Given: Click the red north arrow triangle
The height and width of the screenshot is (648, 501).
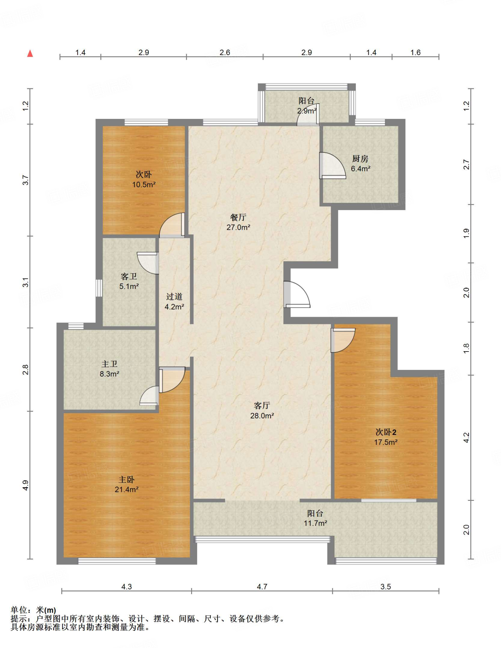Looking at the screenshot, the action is [30, 53].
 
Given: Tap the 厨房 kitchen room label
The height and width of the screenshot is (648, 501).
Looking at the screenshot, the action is [360, 159].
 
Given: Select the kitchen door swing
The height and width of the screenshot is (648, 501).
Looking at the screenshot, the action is [332, 165].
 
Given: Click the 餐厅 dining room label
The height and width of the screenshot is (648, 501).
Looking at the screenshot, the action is [238, 217].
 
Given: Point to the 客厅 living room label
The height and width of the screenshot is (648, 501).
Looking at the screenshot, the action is [262, 406].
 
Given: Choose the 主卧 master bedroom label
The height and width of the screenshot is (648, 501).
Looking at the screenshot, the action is [126, 480].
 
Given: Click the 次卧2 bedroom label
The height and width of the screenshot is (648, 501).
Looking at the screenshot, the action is [386, 432].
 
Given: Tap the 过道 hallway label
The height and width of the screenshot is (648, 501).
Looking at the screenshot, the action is [174, 296].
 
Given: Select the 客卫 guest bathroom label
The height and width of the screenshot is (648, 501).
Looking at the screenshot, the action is [129, 277].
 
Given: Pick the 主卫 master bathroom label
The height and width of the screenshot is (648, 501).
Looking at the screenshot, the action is [109, 364].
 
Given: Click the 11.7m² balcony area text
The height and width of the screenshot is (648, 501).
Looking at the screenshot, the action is [315, 523].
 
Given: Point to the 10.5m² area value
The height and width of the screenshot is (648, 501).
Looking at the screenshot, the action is [144, 184].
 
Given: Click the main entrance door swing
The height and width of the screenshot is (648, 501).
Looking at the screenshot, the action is [297, 295].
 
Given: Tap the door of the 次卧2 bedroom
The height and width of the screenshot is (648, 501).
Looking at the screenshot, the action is [343, 340].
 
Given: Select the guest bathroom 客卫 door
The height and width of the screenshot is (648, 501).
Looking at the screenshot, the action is [148, 263].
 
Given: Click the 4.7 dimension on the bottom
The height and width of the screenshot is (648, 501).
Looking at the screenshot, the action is [262, 587].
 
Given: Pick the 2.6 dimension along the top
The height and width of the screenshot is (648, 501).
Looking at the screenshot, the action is [225, 53].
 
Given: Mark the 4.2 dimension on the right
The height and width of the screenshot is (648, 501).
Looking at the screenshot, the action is [467, 438].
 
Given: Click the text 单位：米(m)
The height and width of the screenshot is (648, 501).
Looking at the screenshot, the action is [33, 610].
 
